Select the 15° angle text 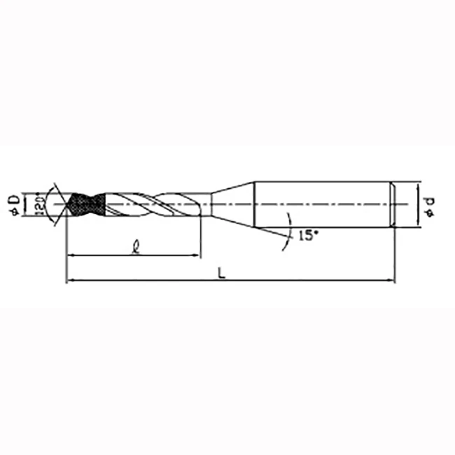[307, 235]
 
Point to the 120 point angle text [41, 204]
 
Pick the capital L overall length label [222, 273]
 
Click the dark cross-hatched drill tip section [86, 204]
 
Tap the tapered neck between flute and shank [231, 204]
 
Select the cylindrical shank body [322, 204]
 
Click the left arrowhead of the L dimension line [69, 281]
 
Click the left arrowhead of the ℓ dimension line [69, 255]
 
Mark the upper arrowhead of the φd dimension [419, 185]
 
